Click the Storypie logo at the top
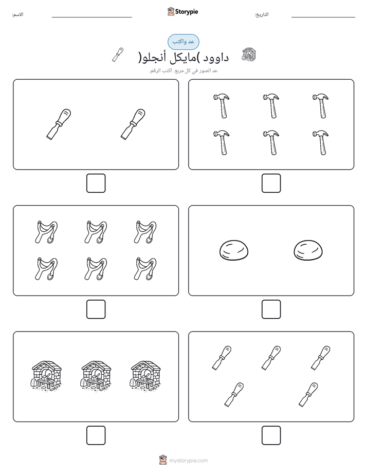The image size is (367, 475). (x=182, y=11)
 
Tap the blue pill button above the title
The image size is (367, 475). (x=183, y=42)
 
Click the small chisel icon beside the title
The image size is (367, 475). (x=118, y=55)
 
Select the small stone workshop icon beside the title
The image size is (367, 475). (x=249, y=55)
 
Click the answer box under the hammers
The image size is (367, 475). (x=271, y=184)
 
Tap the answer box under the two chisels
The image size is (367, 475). (x=96, y=184)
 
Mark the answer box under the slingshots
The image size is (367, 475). (x=96, y=309)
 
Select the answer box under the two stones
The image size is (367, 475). (x=271, y=309)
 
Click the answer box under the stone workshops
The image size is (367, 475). (x=96, y=435)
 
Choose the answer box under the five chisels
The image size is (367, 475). (x=271, y=435)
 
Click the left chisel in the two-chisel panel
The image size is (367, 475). (x=59, y=124)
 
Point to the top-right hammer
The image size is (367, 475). (x=321, y=106)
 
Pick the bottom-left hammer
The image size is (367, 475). (x=222, y=143)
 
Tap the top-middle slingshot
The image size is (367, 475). (x=96, y=232)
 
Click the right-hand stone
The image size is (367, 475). (x=308, y=250)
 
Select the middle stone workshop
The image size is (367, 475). (x=96, y=375)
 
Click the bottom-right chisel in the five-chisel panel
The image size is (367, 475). (x=308, y=394)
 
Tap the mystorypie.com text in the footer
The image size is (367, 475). (x=188, y=461)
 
